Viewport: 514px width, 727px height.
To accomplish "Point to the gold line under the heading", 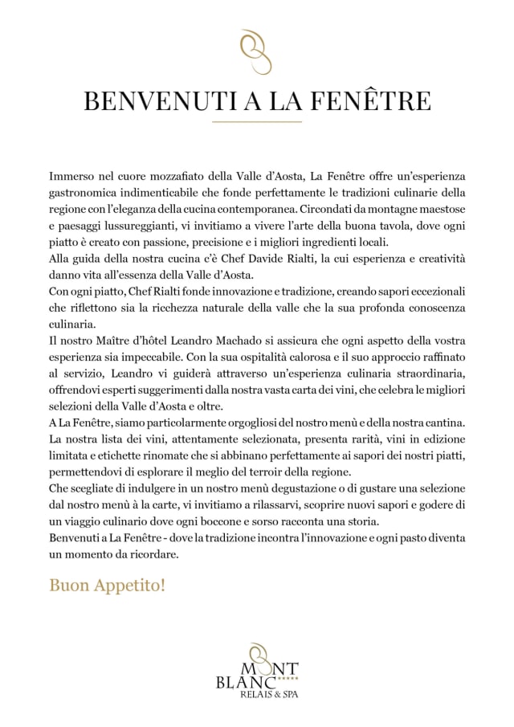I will [x=257, y=121].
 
